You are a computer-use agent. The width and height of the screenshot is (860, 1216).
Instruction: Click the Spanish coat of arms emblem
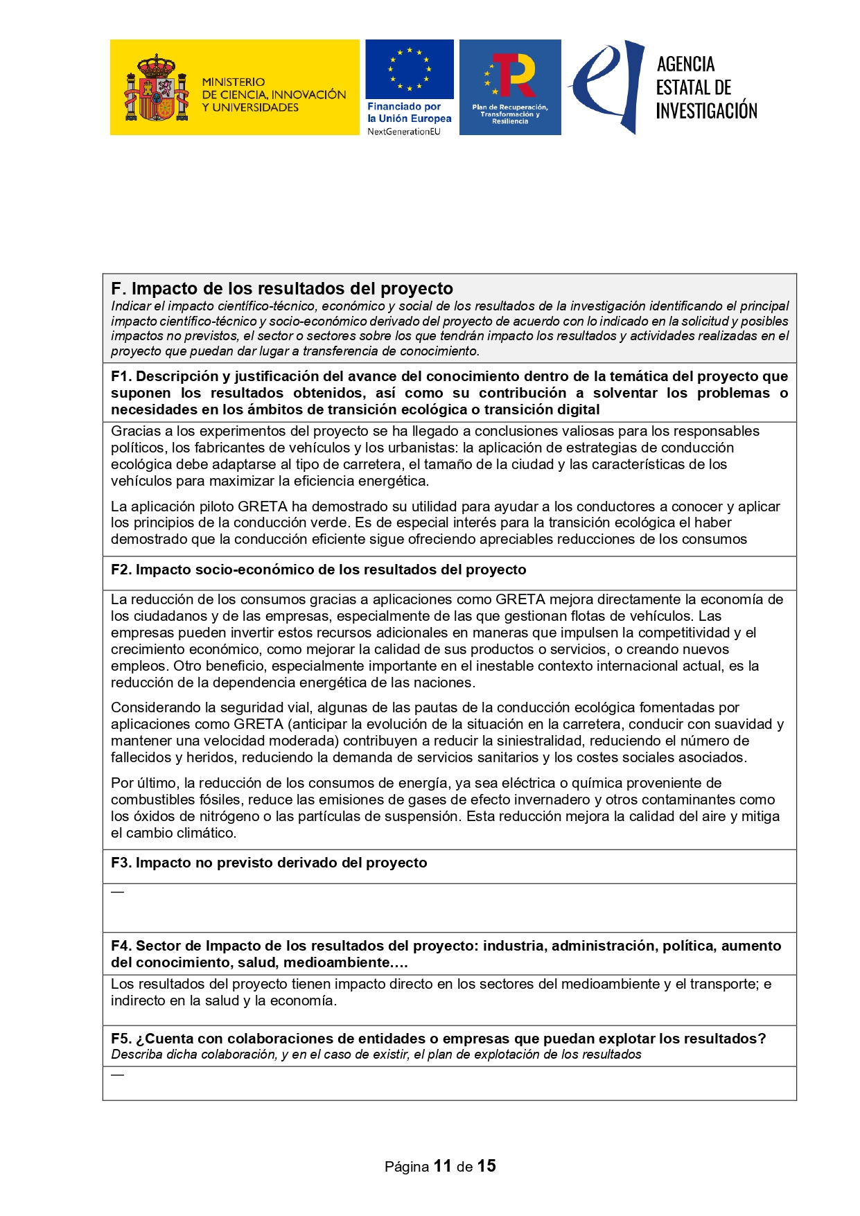click(156, 88)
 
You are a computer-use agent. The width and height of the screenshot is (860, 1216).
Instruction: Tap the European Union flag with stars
click(409, 69)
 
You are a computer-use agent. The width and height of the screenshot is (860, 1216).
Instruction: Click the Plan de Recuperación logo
click(510, 87)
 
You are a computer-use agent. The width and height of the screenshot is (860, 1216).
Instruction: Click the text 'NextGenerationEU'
click(403, 132)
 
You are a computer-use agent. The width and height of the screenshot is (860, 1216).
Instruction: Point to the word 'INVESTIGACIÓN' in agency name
click(706, 111)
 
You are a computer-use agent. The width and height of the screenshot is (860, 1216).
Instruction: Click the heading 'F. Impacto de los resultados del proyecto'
click(281, 289)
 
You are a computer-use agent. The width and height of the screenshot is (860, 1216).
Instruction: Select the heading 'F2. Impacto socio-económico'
click(318, 570)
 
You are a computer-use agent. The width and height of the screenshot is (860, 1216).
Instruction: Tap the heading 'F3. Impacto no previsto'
click(269, 863)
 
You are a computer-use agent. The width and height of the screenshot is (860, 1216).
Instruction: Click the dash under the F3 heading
click(117, 892)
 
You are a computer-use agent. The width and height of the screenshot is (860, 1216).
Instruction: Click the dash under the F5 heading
click(117, 1075)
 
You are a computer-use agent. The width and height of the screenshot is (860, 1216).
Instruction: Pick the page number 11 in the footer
click(443, 1166)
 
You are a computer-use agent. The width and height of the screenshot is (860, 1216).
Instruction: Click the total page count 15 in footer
click(486, 1166)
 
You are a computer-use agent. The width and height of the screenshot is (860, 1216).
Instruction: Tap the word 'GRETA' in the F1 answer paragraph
click(263, 506)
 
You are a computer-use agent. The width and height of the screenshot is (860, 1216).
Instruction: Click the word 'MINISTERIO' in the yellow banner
click(234, 82)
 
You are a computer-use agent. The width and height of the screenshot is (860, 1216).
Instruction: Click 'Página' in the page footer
click(407, 1167)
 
